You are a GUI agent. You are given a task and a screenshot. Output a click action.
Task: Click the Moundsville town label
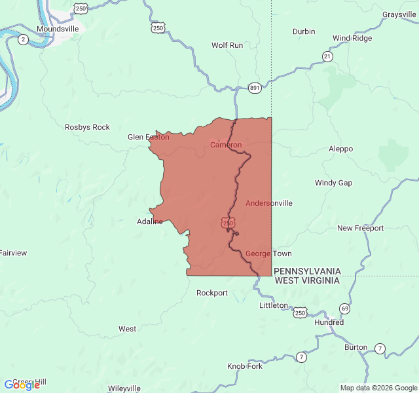[58, 29]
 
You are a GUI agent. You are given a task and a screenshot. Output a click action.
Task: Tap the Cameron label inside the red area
[225, 145]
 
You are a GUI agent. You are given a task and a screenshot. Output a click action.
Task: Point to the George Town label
[268, 253]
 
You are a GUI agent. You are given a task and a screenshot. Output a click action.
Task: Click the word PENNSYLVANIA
[307, 271]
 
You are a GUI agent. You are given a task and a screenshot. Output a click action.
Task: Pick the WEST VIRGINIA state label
[307, 280]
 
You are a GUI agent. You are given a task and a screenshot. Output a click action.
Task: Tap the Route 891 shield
[254, 87]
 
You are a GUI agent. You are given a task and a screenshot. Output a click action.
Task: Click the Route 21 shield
[327, 57]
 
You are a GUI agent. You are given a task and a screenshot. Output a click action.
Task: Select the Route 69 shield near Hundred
[344, 308]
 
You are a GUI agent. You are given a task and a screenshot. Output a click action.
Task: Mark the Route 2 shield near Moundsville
[24, 39]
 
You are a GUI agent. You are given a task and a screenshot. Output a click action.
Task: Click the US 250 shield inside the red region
[227, 223]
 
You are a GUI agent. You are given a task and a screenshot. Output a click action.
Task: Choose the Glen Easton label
[148, 137]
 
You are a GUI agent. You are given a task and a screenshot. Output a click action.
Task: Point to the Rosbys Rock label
[87, 127]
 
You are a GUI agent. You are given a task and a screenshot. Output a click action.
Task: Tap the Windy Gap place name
[333, 183]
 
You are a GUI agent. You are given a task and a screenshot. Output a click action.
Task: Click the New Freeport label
[360, 228]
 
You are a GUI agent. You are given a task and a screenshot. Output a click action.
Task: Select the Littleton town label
[273, 305]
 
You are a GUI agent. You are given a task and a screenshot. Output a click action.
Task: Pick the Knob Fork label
[245, 366]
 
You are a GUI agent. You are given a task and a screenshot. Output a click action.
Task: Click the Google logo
[22, 385]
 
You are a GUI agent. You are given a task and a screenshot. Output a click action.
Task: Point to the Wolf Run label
[227, 45]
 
